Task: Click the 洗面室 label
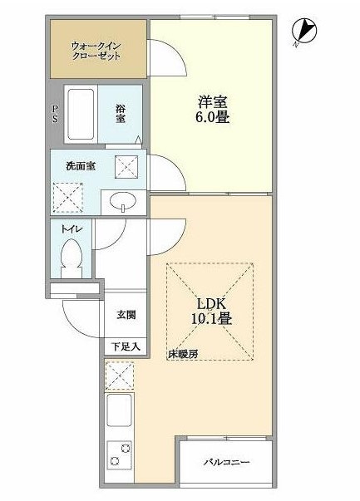point(80,165)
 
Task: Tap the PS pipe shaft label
point(55,115)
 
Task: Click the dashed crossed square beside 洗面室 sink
point(126,166)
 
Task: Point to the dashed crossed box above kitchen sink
point(118,376)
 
